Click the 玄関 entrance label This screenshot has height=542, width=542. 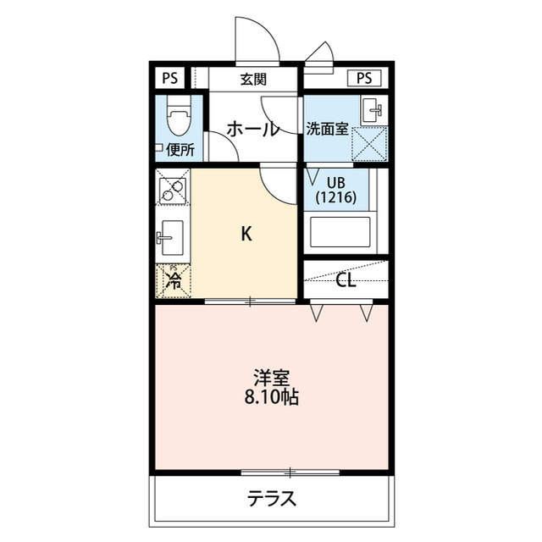pyautogui.click(x=253, y=80)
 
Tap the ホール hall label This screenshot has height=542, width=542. pyautogui.click(x=252, y=130)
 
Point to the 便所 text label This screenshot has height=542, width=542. pyautogui.click(x=180, y=151)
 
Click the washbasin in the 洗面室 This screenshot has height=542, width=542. pyautogui.click(x=372, y=109)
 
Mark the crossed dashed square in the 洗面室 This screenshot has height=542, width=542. pyautogui.click(x=369, y=142)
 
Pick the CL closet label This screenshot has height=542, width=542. pyautogui.click(x=346, y=281)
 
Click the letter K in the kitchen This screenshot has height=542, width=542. pyautogui.click(x=246, y=235)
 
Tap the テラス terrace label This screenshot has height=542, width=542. pyautogui.click(x=272, y=498)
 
